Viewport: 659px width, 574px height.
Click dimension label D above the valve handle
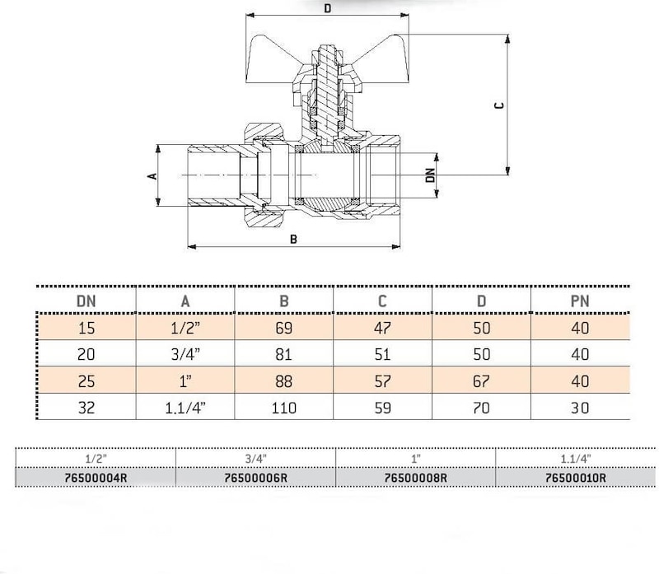(x=328, y=8)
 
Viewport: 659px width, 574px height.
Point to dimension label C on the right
(x=499, y=105)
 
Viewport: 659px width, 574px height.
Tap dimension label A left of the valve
(x=152, y=175)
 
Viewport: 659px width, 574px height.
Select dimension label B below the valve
(x=293, y=239)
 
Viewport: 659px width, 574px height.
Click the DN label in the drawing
(x=429, y=175)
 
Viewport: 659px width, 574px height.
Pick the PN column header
(x=580, y=301)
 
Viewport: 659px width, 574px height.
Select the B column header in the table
(x=283, y=301)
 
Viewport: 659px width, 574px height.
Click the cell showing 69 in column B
(x=283, y=328)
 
